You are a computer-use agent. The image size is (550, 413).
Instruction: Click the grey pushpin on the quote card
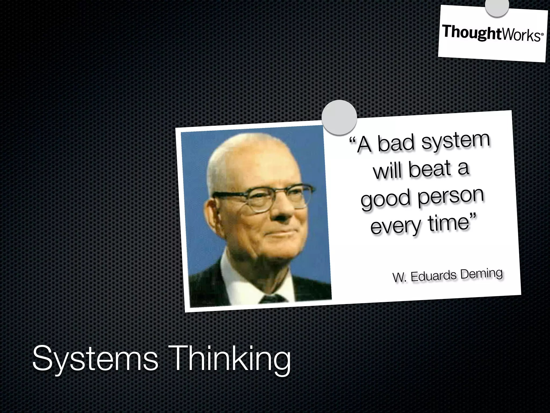339,117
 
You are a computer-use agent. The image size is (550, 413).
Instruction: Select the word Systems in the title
95,359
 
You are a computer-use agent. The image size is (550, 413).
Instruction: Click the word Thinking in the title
231,359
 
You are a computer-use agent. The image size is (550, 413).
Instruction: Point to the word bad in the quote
397,143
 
